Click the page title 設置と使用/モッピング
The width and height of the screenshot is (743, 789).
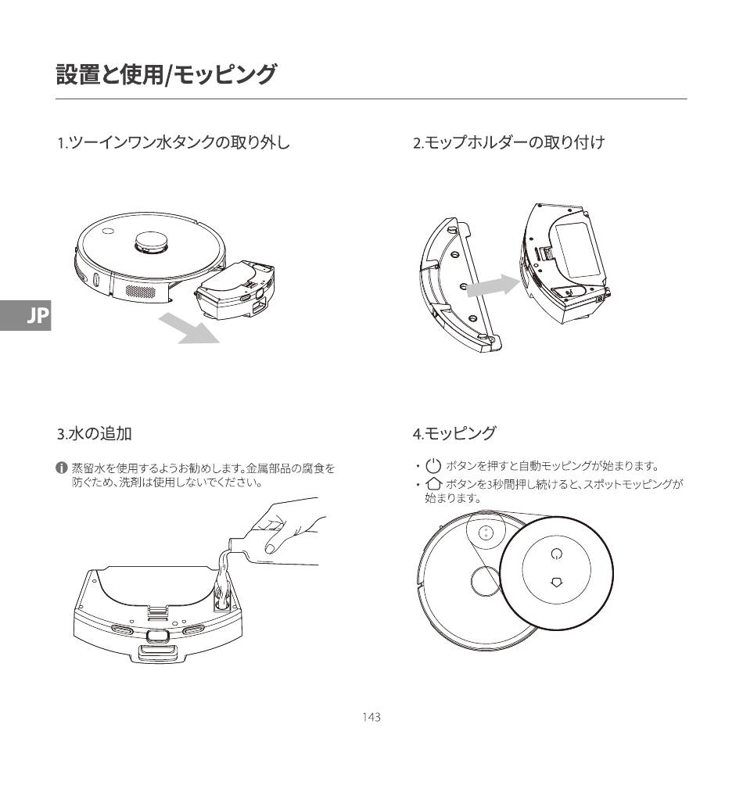point(166,75)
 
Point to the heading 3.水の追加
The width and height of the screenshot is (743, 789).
point(94,432)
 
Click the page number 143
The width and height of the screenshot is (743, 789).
point(371,717)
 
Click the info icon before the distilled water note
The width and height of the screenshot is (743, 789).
point(61,468)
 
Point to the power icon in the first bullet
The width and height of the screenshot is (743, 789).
point(434,467)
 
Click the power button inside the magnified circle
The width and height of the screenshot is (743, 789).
point(556,554)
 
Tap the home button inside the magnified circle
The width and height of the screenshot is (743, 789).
point(556,582)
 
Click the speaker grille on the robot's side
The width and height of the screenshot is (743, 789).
point(141,290)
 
